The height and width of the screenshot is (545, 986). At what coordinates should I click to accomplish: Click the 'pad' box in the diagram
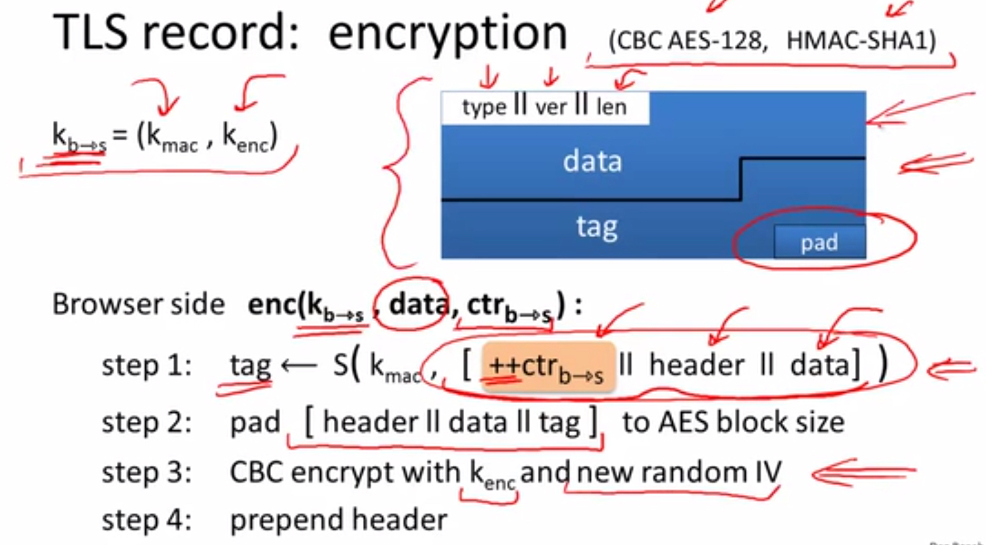click(x=820, y=242)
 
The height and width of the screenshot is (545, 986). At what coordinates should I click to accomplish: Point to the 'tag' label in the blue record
click(x=596, y=227)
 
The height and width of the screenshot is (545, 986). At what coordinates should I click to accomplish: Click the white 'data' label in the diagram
click(x=592, y=161)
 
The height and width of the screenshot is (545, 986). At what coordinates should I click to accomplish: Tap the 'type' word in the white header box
click(x=484, y=107)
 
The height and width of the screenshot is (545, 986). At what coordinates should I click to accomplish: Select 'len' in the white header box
click(x=611, y=107)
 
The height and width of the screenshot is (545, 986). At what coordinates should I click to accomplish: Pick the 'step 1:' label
click(x=147, y=365)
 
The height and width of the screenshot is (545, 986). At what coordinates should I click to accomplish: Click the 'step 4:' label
click(x=147, y=520)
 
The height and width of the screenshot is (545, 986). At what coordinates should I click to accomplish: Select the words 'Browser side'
click(x=138, y=304)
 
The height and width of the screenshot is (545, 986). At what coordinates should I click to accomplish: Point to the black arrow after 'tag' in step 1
click(x=298, y=365)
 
